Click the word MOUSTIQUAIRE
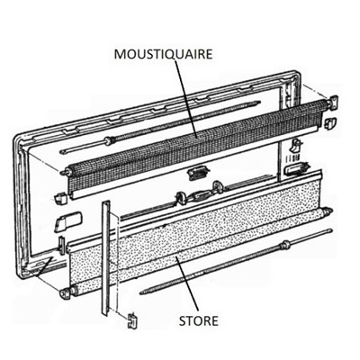164,54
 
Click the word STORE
198,320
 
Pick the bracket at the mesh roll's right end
333,102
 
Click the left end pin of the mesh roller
64,173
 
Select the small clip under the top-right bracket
330,122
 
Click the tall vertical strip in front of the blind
105,258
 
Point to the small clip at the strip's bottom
132,320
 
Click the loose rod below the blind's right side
237,262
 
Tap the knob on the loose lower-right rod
285,246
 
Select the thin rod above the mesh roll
160,127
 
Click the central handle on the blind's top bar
197,196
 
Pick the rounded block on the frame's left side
67,221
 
